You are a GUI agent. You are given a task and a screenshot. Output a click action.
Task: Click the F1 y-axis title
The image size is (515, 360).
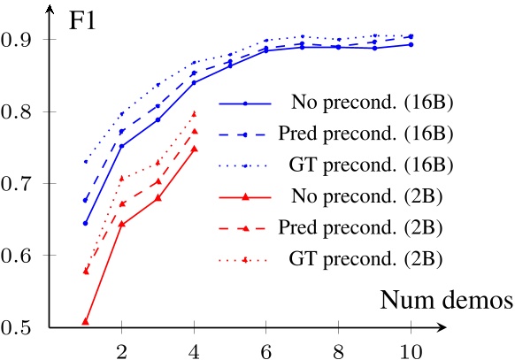(x=83, y=20)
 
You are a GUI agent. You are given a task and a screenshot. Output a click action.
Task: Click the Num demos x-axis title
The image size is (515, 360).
(x=446, y=300)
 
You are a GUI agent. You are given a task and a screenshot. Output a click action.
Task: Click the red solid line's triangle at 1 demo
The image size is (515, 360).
(x=85, y=321)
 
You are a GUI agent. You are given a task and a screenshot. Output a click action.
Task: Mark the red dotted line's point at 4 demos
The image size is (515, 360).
(x=194, y=113)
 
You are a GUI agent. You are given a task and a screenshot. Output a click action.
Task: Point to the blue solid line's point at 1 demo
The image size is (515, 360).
(x=85, y=223)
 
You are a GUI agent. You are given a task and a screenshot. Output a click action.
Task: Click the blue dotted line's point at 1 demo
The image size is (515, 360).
(x=85, y=162)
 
